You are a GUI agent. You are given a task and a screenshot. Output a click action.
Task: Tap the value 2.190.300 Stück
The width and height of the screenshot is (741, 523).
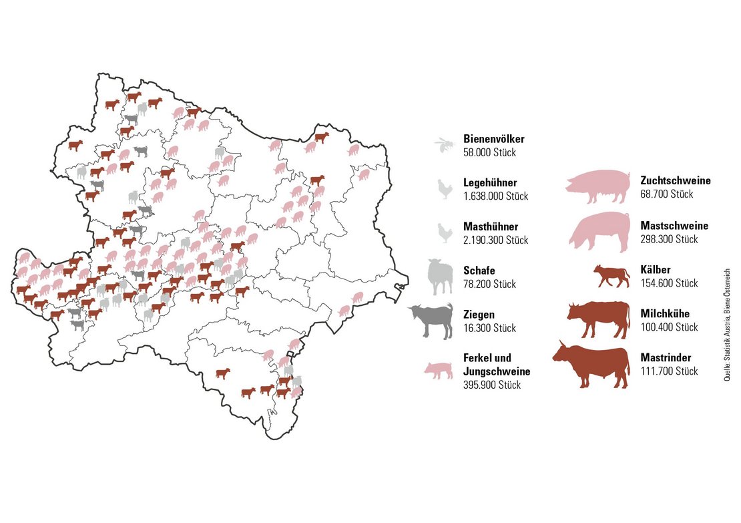coord(496,240)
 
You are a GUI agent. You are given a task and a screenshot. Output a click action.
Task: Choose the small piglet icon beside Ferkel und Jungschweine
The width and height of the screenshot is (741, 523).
coord(439,371)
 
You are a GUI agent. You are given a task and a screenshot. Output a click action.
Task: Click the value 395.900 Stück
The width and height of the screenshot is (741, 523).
coord(492,385)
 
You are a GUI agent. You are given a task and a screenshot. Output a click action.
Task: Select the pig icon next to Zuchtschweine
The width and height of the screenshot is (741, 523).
coord(598,186)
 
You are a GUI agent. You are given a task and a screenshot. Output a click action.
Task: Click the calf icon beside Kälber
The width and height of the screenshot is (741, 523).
coord(612,276)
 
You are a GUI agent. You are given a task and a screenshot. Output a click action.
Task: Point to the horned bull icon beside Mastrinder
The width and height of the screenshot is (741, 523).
coord(591,365)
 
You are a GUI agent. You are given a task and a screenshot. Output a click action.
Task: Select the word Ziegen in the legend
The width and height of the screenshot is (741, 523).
coord(479,315)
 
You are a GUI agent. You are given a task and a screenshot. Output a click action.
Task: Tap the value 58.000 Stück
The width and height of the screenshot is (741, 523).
coord(489,152)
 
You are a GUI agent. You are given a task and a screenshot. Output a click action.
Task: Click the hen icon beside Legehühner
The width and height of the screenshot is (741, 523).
coord(444,190)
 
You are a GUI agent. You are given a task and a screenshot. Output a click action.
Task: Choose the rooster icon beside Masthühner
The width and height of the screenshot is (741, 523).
coord(444,233)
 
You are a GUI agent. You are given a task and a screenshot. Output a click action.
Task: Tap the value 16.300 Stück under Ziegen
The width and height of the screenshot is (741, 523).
coord(489,328)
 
